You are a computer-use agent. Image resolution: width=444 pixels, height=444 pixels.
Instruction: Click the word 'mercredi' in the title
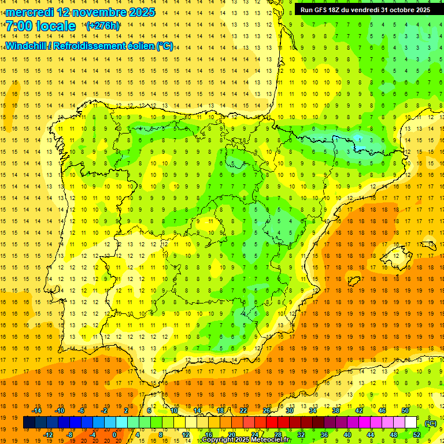tap(29, 12)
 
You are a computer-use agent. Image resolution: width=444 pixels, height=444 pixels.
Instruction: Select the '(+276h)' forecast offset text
tap(103, 26)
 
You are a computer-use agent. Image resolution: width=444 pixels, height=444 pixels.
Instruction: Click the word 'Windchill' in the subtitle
tap(27, 46)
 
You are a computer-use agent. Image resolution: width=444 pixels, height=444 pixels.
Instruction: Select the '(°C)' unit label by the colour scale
tap(431, 423)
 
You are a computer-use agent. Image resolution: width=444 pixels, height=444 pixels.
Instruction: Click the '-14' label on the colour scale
tap(36, 410)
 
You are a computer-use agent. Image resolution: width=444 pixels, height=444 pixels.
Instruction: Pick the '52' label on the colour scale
tap(417, 435)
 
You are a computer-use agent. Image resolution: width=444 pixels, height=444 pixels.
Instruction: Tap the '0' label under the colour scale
tap(114, 435)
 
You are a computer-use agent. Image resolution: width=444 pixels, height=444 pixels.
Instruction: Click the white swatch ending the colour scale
tap(410, 423)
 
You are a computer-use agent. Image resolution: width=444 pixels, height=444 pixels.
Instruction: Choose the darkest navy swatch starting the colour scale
tap(29, 423)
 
